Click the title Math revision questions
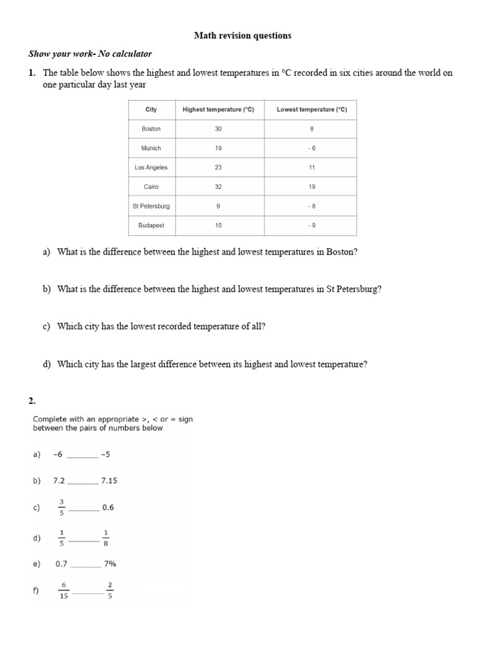(242, 36)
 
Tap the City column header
(151, 110)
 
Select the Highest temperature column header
(218, 110)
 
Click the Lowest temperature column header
(312, 110)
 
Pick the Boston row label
(151, 129)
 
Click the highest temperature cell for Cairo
(218, 187)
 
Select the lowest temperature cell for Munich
(312, 148)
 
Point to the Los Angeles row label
(151, 167)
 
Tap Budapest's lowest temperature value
(312, 226)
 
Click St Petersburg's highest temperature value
(218, 206)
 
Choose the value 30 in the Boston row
(218, 129)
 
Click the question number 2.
(32, 401)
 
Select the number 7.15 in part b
(109, 481)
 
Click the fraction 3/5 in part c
(61, 507)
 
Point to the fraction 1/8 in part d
(106, 538)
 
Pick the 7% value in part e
(109, 564)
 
